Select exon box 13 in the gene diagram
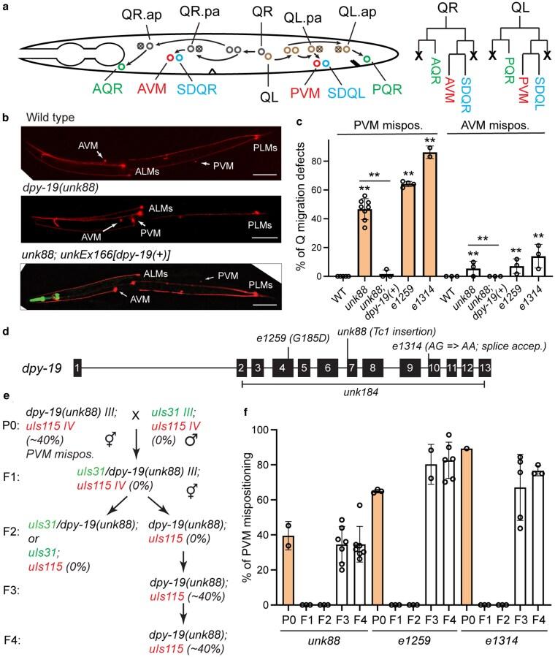pyautogui.click(x=484, y=365)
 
